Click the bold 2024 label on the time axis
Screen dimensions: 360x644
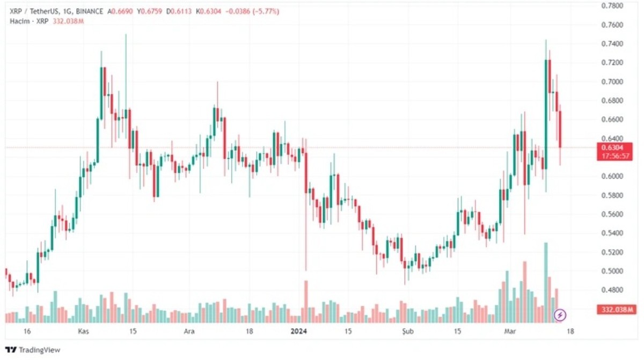(299, 331)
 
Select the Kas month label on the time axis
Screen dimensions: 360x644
(83, 331)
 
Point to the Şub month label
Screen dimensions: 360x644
(408, 331)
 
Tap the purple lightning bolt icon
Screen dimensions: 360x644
(560, 314)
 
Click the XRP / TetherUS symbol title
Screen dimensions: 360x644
(34, 11)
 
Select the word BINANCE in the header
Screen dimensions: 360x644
(90, 11)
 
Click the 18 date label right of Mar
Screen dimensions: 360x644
(570, 331)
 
